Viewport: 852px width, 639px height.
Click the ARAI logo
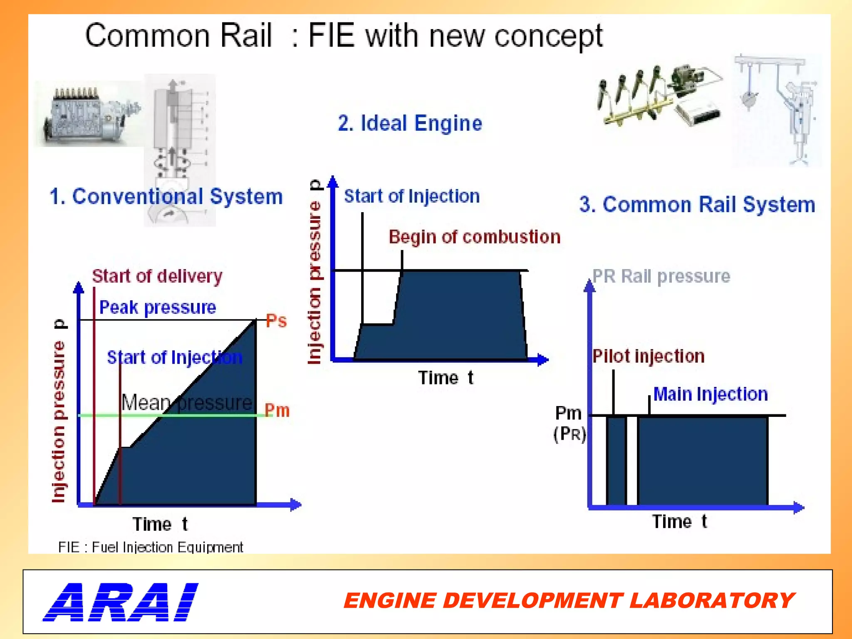[121, 602]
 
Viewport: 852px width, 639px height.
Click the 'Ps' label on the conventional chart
[276, 321]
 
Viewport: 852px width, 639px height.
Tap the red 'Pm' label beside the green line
[277, 411]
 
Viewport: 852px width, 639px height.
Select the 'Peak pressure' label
[158, 308]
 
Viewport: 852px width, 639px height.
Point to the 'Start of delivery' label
[157, 277]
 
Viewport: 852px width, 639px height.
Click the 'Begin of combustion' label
[474, 237]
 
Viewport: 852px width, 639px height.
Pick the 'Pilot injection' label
[648, 357]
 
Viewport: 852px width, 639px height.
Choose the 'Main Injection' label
[710, 394]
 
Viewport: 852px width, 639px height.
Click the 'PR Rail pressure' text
[661, 277]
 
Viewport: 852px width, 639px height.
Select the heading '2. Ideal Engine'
[410, 124]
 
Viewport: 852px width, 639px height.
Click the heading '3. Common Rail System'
[697, 205]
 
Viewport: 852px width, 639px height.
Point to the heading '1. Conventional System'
[166, 196]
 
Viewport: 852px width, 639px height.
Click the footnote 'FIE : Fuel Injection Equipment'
[151, 547]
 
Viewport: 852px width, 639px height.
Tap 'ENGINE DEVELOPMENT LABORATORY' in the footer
[569, 601]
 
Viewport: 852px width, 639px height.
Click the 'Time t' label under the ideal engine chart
[446, 378]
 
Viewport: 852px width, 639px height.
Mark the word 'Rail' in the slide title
[245, 36]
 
